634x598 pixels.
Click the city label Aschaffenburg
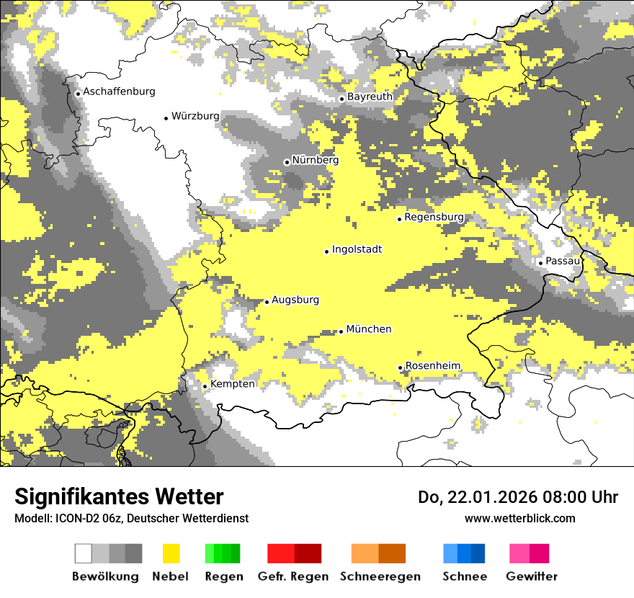coord(119,92)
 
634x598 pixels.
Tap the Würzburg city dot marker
coord(166,118)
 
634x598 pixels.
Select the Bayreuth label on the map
coord(370,97)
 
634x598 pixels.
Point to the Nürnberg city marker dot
coord(287,162)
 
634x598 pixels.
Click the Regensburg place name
coord(434,217)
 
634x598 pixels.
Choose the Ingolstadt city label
coord(357,249)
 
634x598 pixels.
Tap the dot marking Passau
coord(540,263)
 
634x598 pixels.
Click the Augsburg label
coord(295,300)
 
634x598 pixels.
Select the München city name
coord(369,329)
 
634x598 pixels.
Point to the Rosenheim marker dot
coord(400,368)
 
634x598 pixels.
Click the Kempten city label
coord(232,384)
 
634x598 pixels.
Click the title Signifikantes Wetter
coord(119,496)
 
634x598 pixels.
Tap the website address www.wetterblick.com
coord(519,518)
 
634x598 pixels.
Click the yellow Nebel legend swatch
coord(171,553)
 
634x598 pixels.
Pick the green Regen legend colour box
coord(223,553)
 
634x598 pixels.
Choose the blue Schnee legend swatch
coord(464,553)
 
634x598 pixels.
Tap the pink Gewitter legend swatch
coord(530,553)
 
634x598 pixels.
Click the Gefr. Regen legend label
coord(293,576)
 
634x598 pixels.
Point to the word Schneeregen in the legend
coord(380,576)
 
